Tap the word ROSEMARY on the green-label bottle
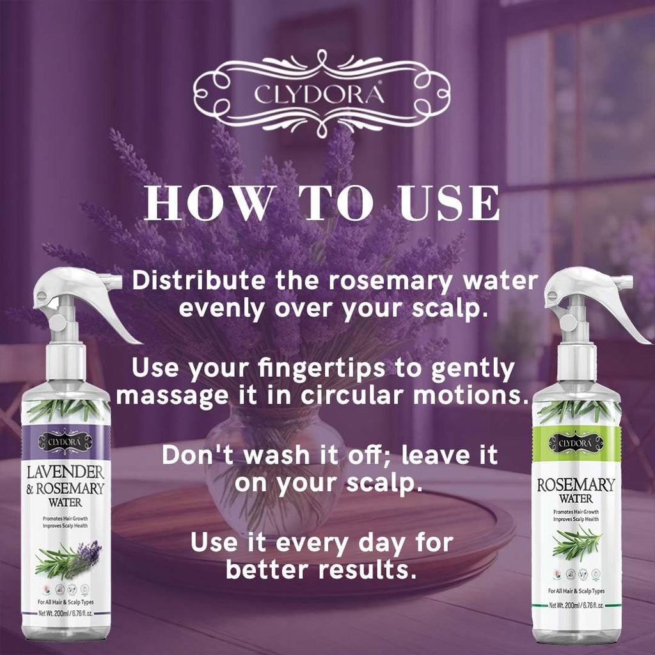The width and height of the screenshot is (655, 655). [x=576, y=484]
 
